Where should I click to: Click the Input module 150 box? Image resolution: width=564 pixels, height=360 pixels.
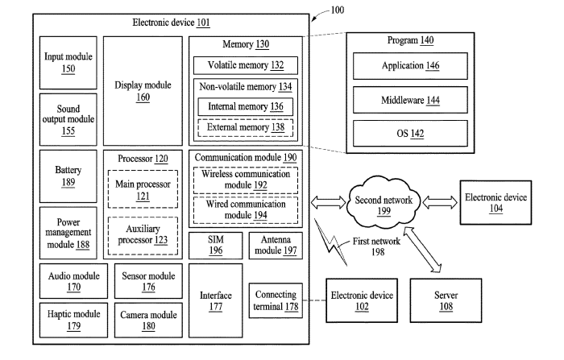pos(68,62)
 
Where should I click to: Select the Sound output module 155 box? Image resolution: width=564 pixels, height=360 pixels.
pos(68,118)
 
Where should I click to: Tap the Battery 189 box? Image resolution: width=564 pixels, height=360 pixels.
pos(68,176)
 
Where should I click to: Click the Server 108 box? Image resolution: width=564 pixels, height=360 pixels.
pos(446,300)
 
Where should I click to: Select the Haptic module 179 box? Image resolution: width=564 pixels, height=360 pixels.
pos(73,320)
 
